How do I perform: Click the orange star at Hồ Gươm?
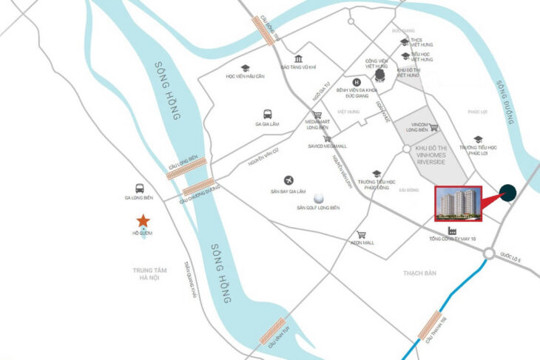142,221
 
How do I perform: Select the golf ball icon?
319,198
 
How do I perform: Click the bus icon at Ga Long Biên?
139,189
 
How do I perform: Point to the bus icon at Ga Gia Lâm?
267,115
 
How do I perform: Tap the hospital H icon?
357,82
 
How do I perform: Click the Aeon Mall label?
362,242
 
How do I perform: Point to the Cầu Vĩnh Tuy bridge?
271,330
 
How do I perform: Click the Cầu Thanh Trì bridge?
428,325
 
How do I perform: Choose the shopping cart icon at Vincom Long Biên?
434,126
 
